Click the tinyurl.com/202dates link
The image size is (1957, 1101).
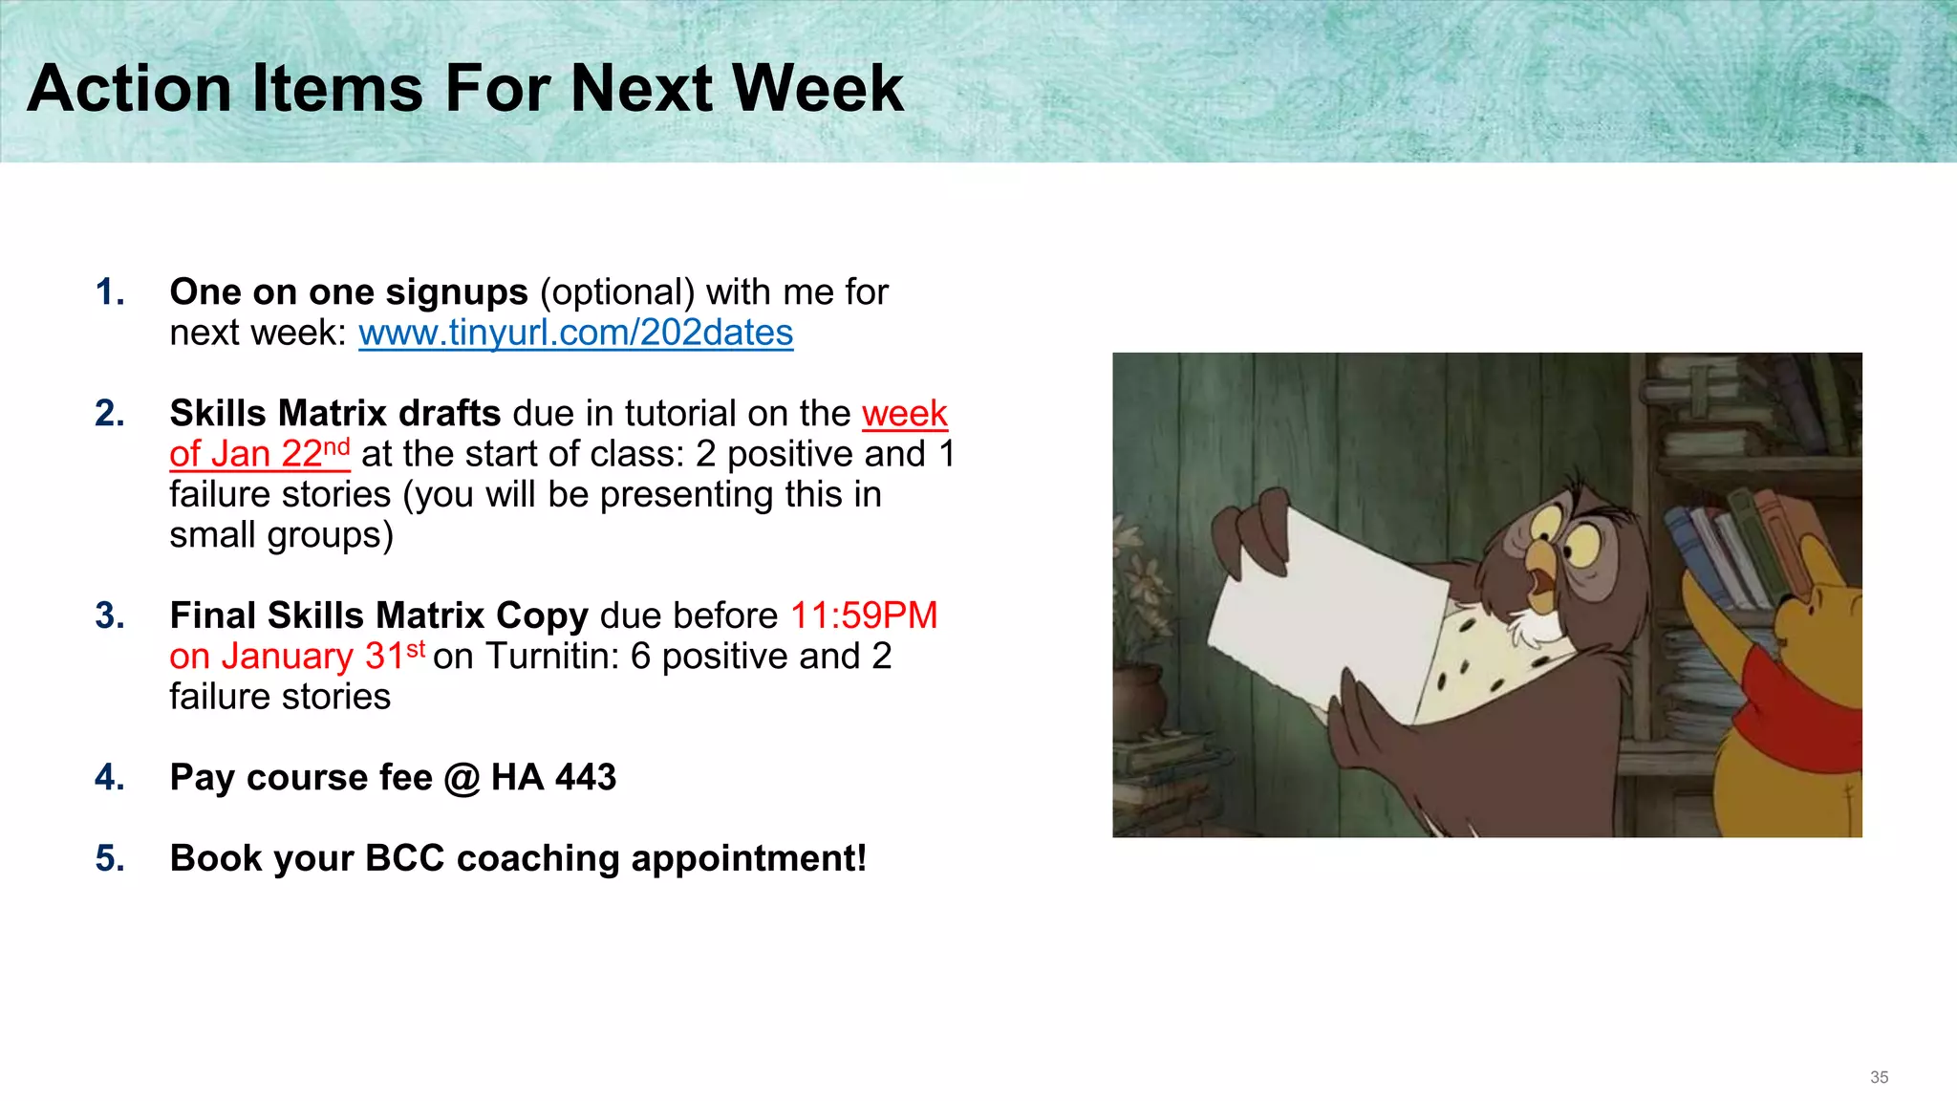click(x=575, y=333)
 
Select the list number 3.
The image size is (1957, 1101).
click(x=109, y=615)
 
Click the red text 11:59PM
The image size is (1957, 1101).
click(x=864, y=615)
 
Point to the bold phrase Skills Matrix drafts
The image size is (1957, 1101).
click(x=334, y=413)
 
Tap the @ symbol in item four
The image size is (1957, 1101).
click(x=462, y=778)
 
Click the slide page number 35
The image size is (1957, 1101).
click(x=1879, y=1077)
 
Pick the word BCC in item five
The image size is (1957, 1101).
click(x=405, y=858)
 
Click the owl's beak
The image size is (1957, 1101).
click(x=1539, y=574)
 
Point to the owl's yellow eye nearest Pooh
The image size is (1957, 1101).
click(x=1581, y=547)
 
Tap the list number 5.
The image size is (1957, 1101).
click(x=109, y=858)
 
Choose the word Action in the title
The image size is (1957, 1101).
click(x=130, y=89)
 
